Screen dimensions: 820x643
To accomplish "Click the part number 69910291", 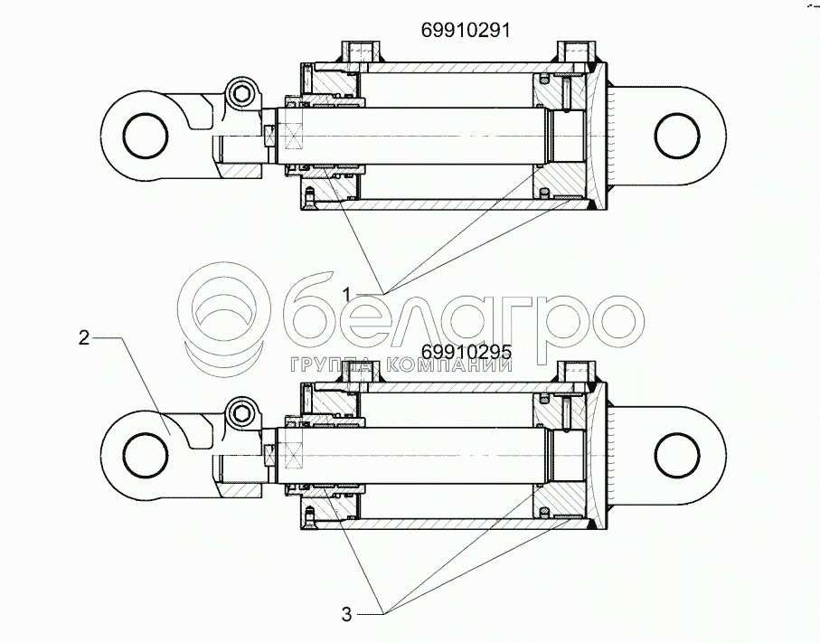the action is (x=465, y=31).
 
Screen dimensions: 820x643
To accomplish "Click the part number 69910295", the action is (x=467, y=352).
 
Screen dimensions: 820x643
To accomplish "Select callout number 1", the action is (x=347, y=295).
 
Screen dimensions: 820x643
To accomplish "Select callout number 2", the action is (x=84, y=338).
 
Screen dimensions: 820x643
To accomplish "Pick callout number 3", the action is (x=347, y=614).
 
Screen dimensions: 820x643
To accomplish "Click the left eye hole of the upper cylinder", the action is (x=146, y=136).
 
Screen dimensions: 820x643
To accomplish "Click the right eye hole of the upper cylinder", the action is (x=677, y=136).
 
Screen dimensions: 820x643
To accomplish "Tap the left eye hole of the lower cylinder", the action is (x=146, y=456).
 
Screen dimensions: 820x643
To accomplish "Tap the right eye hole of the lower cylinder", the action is (x=677, y=456).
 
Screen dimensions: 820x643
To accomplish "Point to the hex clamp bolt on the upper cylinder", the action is (x=241, y=95).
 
